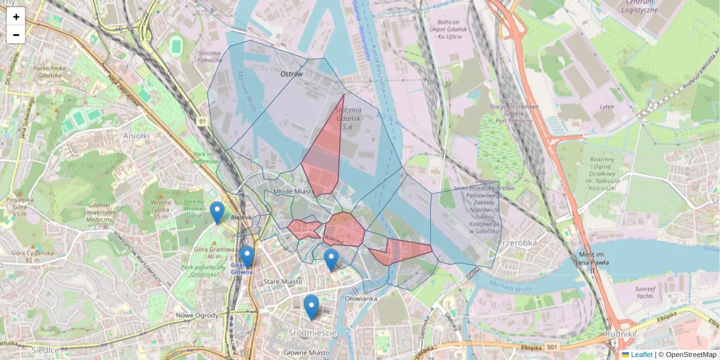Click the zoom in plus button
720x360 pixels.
16,17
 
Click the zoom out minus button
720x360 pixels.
16,35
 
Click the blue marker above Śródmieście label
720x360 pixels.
311,306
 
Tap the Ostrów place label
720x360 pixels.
292,74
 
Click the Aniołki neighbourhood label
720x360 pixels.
135,136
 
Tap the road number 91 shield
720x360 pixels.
203,122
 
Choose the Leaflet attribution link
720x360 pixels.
641,355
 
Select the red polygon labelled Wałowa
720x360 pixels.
344,230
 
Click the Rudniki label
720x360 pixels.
620,332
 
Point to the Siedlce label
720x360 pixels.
44,349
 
